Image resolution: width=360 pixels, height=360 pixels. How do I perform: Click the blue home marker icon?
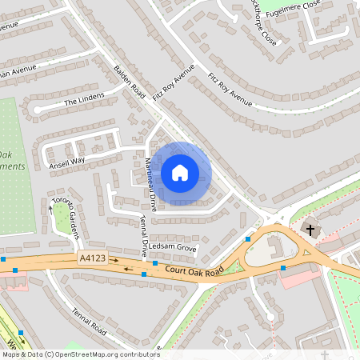coord(180,172)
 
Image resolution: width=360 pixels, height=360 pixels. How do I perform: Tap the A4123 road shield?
coord(90,258)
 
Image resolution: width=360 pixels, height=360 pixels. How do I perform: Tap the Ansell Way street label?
coord(66,161)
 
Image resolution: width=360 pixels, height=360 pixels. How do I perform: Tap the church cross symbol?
coord(310,230)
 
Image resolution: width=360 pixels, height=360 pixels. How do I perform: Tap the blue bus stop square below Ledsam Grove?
coord(154,262)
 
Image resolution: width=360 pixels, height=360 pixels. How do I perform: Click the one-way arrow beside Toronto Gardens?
coord(50,210)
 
